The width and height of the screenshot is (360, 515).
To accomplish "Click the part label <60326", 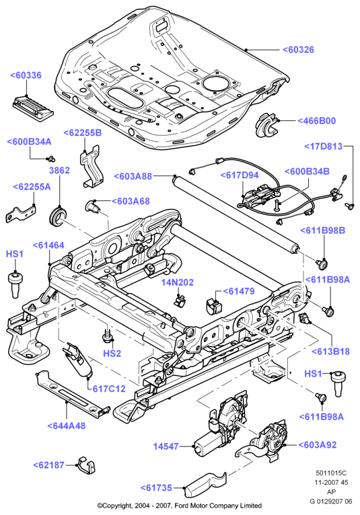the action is tap(298, 50).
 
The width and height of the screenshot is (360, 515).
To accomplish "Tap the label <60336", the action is tap(26, 75).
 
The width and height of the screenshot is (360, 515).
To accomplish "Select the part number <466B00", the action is tap(317, 121).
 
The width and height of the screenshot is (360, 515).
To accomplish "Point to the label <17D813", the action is tap(323, 147).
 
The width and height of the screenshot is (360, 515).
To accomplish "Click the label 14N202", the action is tap(177, 282).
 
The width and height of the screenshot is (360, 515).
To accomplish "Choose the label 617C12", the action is tap(109, 389).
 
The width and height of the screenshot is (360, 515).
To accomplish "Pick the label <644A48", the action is tap(67, 426).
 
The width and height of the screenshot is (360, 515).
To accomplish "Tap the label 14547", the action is tap(166, 446).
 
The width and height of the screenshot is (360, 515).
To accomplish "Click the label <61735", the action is tap(156, 488).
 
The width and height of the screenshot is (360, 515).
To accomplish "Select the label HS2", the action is tap(112, 354).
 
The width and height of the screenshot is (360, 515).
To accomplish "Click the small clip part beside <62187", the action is tap(86, 465).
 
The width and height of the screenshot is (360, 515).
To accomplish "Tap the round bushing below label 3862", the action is tap(58, 214).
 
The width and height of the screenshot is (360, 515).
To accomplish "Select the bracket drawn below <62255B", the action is tap(92, 167).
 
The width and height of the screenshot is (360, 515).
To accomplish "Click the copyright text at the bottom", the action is tap(180, 506).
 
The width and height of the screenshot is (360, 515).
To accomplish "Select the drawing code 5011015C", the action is tap(331, 473).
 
